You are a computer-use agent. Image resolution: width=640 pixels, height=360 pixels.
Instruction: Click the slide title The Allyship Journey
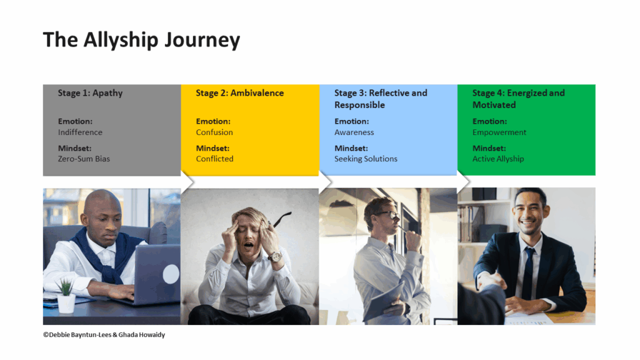coord(141,40)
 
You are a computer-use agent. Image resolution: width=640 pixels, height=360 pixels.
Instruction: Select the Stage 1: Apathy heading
coord(90,93)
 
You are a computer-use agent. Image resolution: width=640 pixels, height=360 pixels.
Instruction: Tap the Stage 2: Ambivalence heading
coord(239,93)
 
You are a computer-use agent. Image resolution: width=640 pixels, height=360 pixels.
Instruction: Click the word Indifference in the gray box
coord(80,132)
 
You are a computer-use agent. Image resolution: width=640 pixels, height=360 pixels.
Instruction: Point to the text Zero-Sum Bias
coord(84,159)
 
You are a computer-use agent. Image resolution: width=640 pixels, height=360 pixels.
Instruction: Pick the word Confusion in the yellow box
coord(214,132)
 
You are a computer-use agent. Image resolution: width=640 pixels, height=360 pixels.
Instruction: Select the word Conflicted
coord(214,159)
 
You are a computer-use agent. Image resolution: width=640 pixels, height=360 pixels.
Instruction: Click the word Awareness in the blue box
coord(354,132)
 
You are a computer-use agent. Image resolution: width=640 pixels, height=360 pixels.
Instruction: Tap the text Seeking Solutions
coord(366,159)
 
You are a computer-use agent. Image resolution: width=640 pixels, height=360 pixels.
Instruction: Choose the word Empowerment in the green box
coord(499,132)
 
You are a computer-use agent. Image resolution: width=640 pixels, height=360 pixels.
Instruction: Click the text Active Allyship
coord(498,159)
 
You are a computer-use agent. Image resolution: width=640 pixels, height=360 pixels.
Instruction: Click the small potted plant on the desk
coord(66,297)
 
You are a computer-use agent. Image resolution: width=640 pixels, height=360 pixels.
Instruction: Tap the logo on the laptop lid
coord(171,274)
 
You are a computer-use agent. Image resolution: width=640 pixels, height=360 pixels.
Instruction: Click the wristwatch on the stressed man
coord(274,257)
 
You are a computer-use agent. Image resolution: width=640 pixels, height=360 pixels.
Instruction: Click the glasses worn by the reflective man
coord(387,216)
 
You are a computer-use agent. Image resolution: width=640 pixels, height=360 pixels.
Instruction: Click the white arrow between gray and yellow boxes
coord(188,181)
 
